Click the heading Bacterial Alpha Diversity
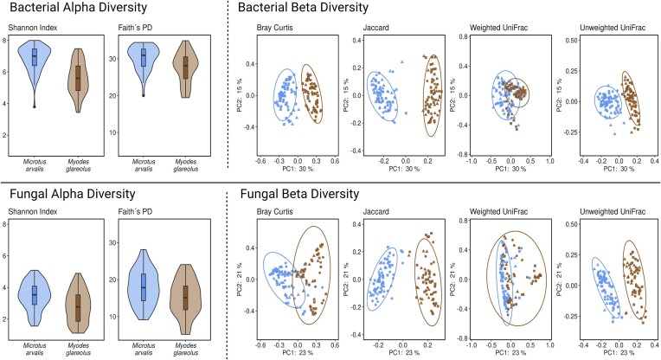(79, 7)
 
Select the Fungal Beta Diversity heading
(299, 194)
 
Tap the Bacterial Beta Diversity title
(303, 7)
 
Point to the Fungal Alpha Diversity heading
(73, 194)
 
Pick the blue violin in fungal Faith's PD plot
(144, 286)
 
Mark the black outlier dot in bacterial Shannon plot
(35, 106)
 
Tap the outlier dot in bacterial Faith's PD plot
(144, 96)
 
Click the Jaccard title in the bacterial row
(376, 28)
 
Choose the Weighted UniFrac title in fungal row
(498, 212)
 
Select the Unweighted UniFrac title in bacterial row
(613, 28)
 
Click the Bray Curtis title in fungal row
(274, 212)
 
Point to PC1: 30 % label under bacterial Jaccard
(404, 169)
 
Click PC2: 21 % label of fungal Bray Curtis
(240, 280)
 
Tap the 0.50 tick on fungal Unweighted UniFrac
(571, 224)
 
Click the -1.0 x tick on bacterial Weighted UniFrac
(471, 161)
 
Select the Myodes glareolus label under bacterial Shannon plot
(79, 165)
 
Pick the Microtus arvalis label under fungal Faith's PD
(144, 349)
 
